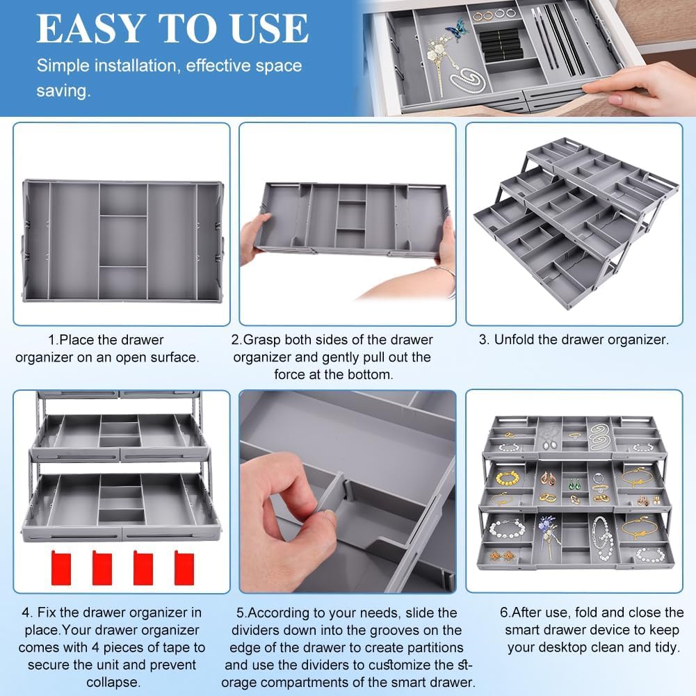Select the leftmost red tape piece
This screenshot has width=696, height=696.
click(61, 568)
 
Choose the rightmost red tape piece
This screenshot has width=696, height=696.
click(184, 568)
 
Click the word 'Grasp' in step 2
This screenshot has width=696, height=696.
click(262, 341)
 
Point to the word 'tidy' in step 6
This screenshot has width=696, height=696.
click(665, 647)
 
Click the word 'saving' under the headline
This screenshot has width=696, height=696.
click(62, 91)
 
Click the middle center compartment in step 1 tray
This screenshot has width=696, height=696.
click(123, 241)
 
